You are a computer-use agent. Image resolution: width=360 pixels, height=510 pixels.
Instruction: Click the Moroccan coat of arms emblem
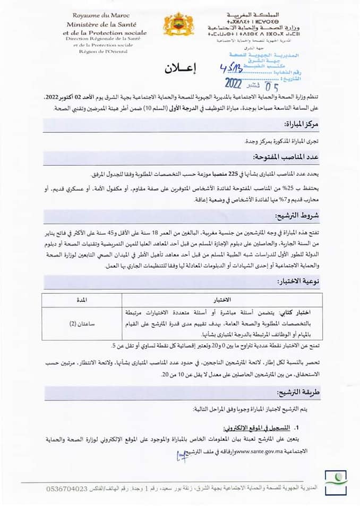click(x=179, y=24)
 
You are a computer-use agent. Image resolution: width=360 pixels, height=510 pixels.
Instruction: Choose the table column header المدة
click(x=82, y=300)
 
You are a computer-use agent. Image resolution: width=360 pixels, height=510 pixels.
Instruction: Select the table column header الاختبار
click(x=219, y=300)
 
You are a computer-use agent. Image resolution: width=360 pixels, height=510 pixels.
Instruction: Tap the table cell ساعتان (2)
click(x=82, y=324)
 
